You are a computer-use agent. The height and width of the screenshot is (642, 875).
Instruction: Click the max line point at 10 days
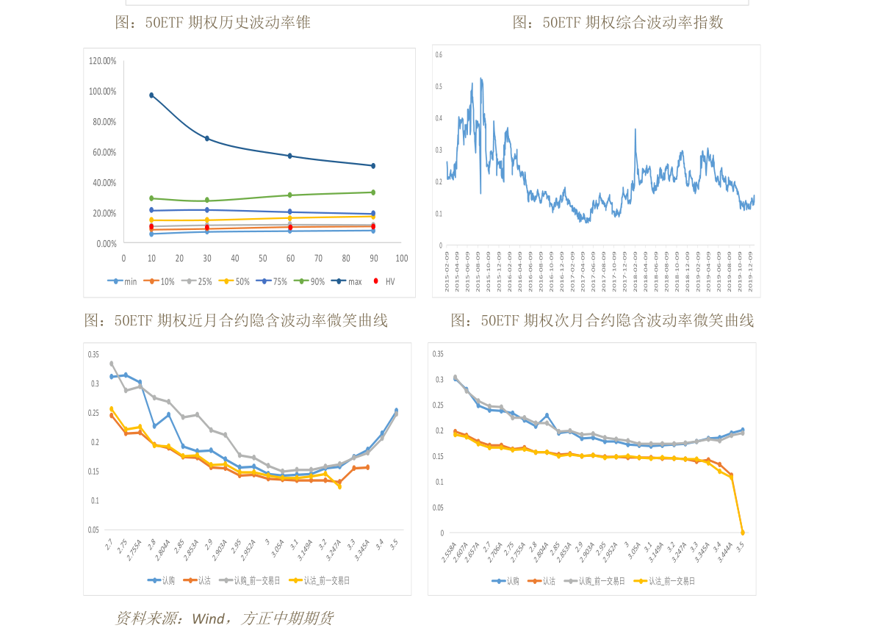point(151,95)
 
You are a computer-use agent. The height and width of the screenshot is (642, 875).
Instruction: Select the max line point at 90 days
point(373,166)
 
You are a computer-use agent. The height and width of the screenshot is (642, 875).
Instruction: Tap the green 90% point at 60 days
point(290,195)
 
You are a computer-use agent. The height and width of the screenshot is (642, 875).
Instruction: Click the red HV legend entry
point(384,281)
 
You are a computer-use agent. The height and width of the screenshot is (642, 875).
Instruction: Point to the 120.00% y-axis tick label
point(103,61)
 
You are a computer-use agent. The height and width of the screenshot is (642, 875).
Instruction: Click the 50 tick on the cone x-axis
point(262,259)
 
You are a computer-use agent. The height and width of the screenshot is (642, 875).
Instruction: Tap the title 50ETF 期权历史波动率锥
point(213,23)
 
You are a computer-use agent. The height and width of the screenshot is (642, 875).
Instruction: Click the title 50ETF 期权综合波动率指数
point(617,23)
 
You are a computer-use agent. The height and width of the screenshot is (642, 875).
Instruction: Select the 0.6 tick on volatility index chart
point(439,55)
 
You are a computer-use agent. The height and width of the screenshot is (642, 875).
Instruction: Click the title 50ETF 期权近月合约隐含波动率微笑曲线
point(236,320)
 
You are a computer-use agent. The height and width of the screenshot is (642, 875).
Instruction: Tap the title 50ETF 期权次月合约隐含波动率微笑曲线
point(602,320)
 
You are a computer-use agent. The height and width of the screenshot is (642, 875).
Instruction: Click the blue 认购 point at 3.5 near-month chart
point(396,411)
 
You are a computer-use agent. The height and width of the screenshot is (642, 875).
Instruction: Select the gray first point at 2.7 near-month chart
point(112,364)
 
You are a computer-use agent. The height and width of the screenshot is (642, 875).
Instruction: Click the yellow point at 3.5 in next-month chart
point(742,533)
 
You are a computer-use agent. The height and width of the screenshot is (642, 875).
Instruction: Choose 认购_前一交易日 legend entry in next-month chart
point(594,581)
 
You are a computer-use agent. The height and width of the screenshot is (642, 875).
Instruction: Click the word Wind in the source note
point(209,618)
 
